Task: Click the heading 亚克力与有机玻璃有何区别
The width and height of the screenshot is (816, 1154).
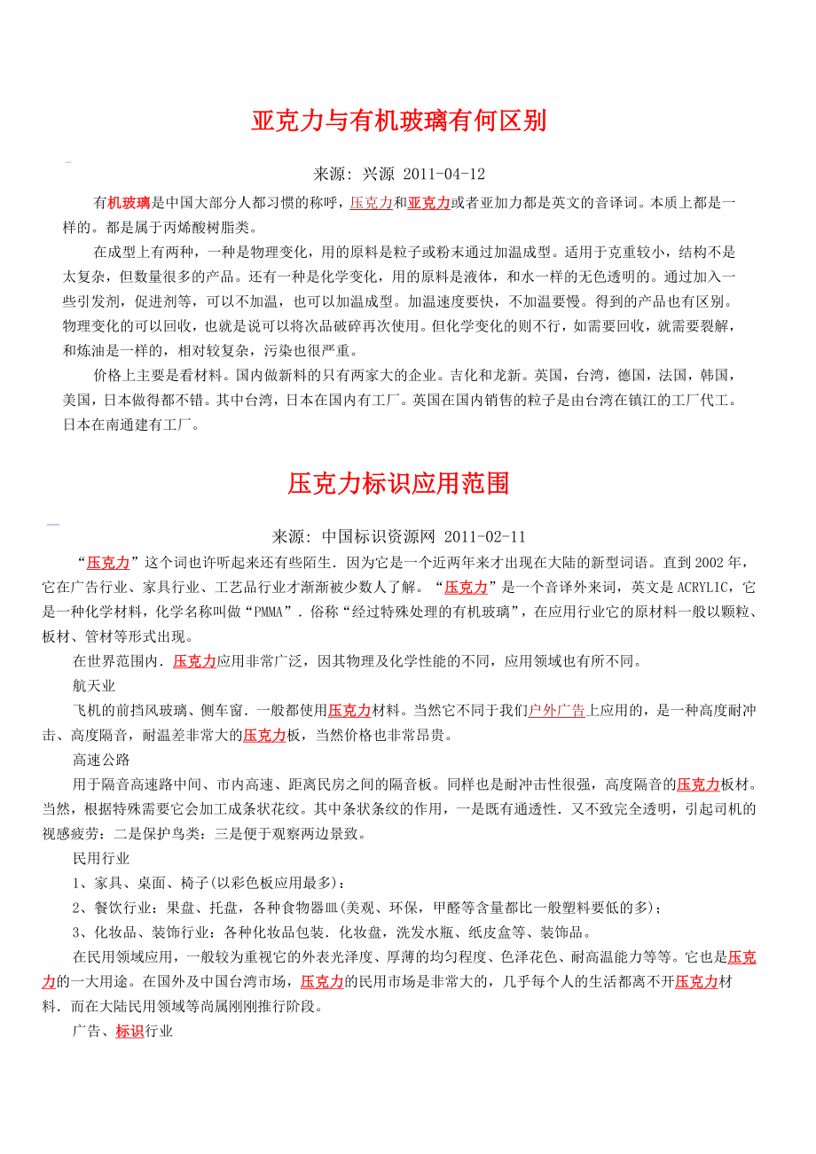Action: pyautogui.click(x=398, y=121)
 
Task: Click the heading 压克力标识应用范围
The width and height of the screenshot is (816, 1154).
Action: pyautogui.click(x=398, y=483)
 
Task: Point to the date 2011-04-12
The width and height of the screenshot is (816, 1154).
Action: pyautogui.click(x=443, y=174)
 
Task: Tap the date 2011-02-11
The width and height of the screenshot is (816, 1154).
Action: pyautogui.click(x=484, y=537)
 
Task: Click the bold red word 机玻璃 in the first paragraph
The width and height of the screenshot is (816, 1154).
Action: pyautogui.click(x=129, y=203)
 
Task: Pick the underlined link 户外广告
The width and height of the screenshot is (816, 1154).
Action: pyautogui.click(x=556, y=710)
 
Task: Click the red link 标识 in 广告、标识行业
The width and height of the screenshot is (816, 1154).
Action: pyautogui.click(x=129, y=1032)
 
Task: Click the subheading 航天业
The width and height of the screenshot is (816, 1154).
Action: pyautogui.click(x=94, y=686)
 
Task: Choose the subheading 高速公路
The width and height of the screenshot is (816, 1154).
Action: pyautogui.click(x=101, y=760)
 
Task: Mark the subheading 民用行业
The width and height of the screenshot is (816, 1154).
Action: pyautogui.click(x=101, y=859)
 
